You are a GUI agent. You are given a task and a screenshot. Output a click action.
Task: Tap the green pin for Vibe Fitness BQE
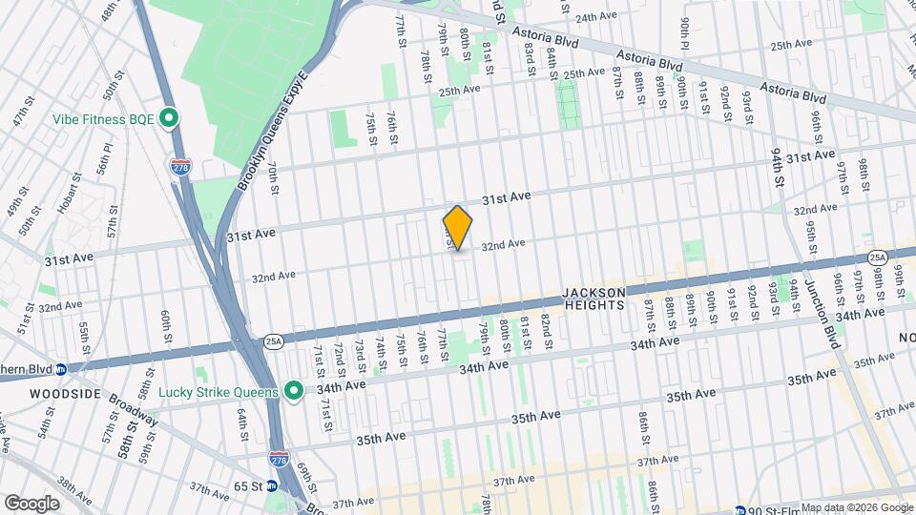pyautogui.click(x=169, y=118)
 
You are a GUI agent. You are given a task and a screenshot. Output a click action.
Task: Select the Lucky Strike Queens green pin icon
pyautogui.click(x=295, y=391)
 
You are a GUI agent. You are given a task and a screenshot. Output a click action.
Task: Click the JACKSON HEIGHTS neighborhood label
pyautogui.click(x=593, y=299)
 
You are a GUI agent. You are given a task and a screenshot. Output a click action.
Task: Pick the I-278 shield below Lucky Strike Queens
pyautogui.click(x=278, y=460)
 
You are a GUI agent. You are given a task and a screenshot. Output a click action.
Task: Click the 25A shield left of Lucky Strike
pyautogui.click(x=274, y=341)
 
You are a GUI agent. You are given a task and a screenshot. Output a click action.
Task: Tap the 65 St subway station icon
pyautogui.click(x=272, y=486)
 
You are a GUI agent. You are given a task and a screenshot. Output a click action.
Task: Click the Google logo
pyautogui.click(x=31, y=503)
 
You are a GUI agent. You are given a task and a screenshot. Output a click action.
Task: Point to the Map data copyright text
pyautogui.click(x=857, y=507)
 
